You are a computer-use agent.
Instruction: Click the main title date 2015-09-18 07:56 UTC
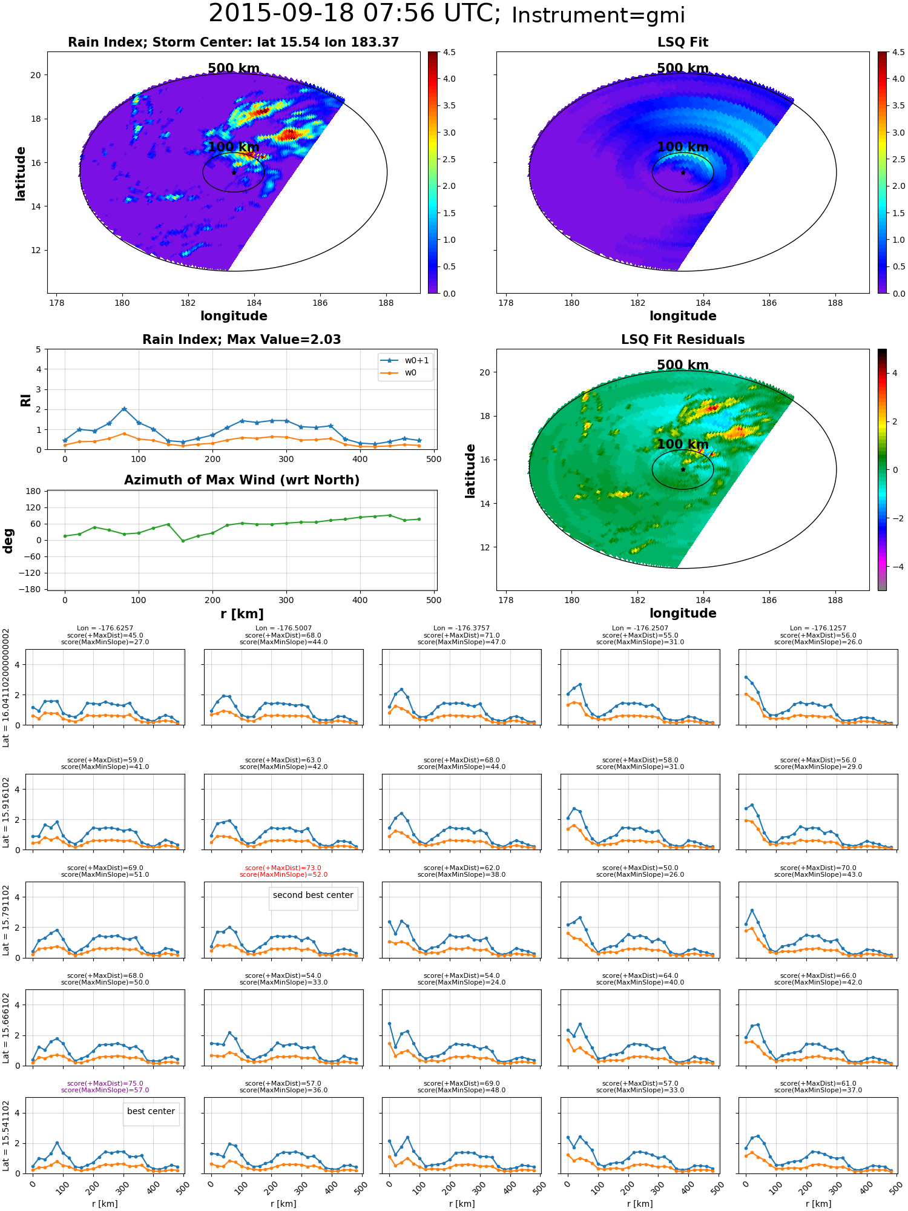tap(354, 14)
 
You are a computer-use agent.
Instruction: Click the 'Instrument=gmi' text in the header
tap(598, 16)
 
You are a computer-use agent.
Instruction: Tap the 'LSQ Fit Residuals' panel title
tap(683, 340)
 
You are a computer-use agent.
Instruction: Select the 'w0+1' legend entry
tap(404, 361)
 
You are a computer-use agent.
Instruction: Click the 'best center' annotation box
tap(151, 1112)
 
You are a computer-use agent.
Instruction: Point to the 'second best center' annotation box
tap(313, 896)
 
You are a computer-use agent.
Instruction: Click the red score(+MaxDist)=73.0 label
tap(283, 868)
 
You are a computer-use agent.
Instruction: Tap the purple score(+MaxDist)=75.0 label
tap(105, 1084)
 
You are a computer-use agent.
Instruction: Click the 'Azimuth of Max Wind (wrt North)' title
tap(242, 480)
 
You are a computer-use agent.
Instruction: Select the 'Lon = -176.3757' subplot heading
tap(462, 629)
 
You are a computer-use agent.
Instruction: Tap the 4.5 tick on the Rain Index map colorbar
tap(449, 53)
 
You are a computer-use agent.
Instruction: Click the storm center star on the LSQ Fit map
tap(683, 173)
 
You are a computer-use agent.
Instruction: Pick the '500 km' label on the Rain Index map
tap(234, 68)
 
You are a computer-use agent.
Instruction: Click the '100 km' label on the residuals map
tap(683, 444)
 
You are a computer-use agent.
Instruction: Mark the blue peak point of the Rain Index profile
tap(124, 409)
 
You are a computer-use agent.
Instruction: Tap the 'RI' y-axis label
tap(25, 400)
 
